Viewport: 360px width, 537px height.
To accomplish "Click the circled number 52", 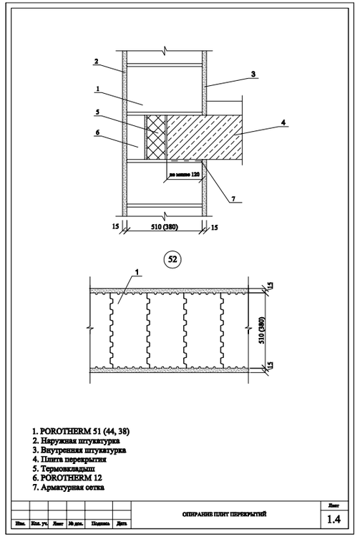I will coord(172,259).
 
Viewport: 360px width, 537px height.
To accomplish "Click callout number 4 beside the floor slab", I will coord(283,123).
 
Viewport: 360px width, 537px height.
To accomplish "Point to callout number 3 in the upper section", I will coord(253,73).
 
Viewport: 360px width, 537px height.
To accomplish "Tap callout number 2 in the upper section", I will coord(95,61).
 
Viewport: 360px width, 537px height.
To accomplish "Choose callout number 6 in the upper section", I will coord(96,132).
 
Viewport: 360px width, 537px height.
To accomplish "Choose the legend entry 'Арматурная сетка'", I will coord(69,488).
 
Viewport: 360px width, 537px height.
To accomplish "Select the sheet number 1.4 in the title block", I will coord(333,518).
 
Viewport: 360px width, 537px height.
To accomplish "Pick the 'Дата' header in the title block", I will coord(122,523).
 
